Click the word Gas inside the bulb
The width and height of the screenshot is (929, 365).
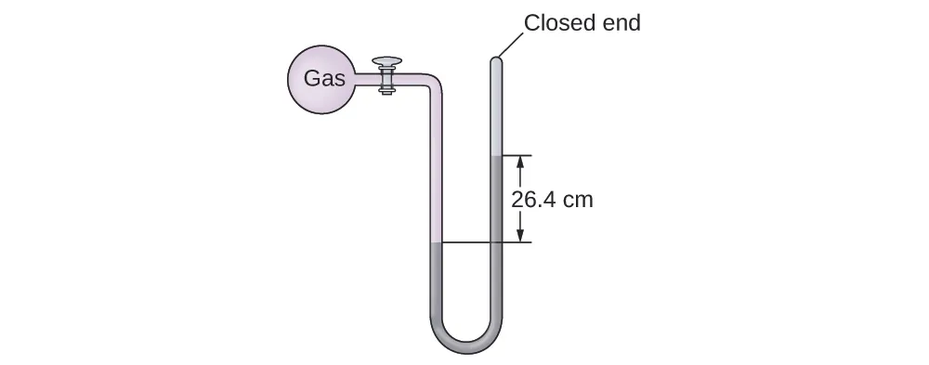point(324,79)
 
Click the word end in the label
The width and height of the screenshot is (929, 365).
point(621,22)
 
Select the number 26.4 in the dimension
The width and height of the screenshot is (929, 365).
point(539,199)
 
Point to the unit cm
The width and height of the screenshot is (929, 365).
point(578,199)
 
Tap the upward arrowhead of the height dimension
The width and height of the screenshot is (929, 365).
point(519,162)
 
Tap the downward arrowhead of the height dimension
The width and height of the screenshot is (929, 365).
point(519,236)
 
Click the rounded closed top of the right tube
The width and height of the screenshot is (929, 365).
point(496,62)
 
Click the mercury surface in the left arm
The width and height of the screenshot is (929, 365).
point(436,243)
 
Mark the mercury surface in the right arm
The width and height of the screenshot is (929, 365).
point(496,155)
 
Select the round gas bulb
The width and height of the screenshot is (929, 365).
point(318,80)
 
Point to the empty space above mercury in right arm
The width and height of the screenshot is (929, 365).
point(496,111)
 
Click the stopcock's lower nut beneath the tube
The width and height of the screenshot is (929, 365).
point(387,89)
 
